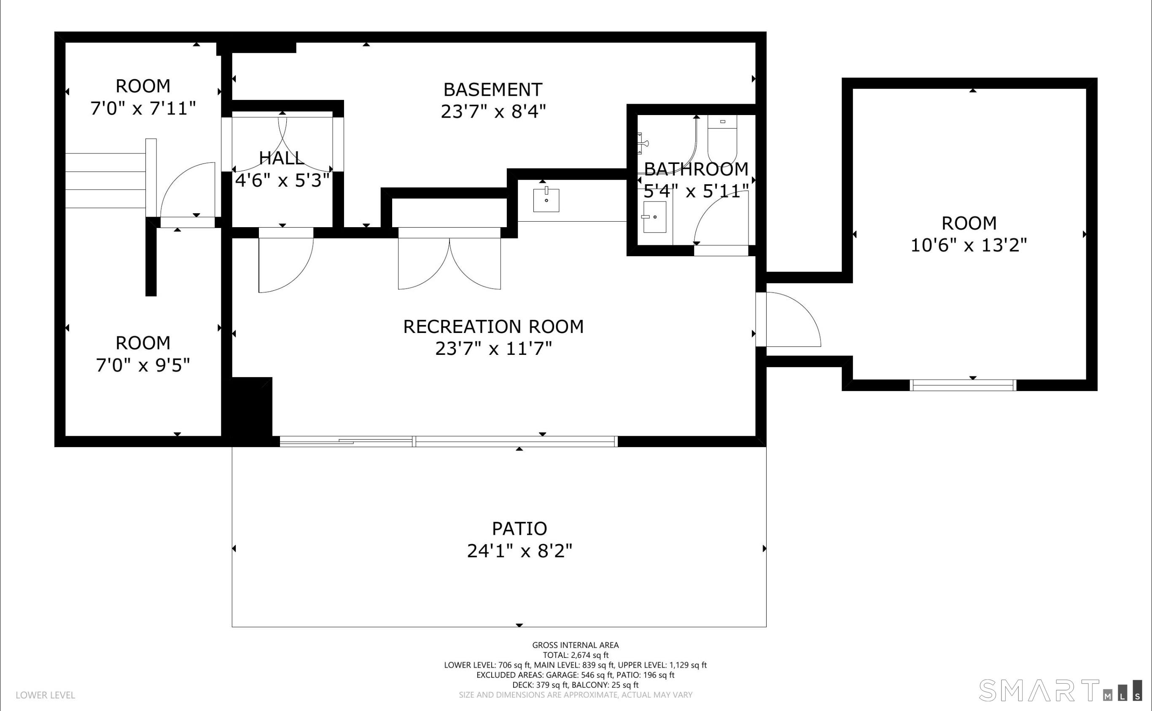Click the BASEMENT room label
point(493,89)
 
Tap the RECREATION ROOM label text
point(493,326)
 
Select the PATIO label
point(519,529)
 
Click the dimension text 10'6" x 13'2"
point(969,245)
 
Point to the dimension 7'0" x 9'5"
point(143,365)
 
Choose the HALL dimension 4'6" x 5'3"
point(282,180)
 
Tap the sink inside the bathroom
point(654,217)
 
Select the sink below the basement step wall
point(546,200)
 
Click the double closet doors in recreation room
point(449,259)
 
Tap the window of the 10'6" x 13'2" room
point(963,385)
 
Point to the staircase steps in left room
point(105,180)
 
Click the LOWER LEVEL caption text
point(45,695)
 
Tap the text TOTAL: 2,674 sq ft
point(576,655)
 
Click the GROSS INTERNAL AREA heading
point(575,645)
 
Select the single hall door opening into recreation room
point(286,260)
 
